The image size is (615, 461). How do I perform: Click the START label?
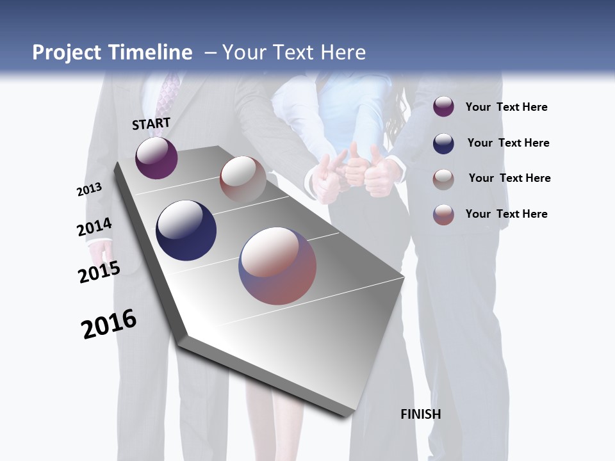click(x=151, y=124)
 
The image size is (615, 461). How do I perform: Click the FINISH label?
click(x=421, y=414)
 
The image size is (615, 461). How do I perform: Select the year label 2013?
click(x=89, y=190)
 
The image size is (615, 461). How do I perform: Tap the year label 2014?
click(x=94, y=227)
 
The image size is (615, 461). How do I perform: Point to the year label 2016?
click(x=109, y=324)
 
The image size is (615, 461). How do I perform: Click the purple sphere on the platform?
click(x=156, y=158)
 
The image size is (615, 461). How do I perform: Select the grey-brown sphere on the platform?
click(x=243, y=179)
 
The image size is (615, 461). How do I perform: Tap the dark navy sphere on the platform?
click(x=186, y=230)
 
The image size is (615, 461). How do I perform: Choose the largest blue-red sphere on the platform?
click(x=277, y=266)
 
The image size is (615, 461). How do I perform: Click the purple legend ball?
click(x=443, y=107)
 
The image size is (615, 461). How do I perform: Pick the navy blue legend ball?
click(x=443, y=143)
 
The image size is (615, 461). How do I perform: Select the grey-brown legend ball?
click(x=443, y=179)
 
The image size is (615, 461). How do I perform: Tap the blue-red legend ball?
click(x=443, y=214)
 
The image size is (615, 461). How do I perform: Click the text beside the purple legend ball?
click(x=506, y=107)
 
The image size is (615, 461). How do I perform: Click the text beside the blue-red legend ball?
click(x=506, y=214)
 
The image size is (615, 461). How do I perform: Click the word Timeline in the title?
click(x=151, y=53)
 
